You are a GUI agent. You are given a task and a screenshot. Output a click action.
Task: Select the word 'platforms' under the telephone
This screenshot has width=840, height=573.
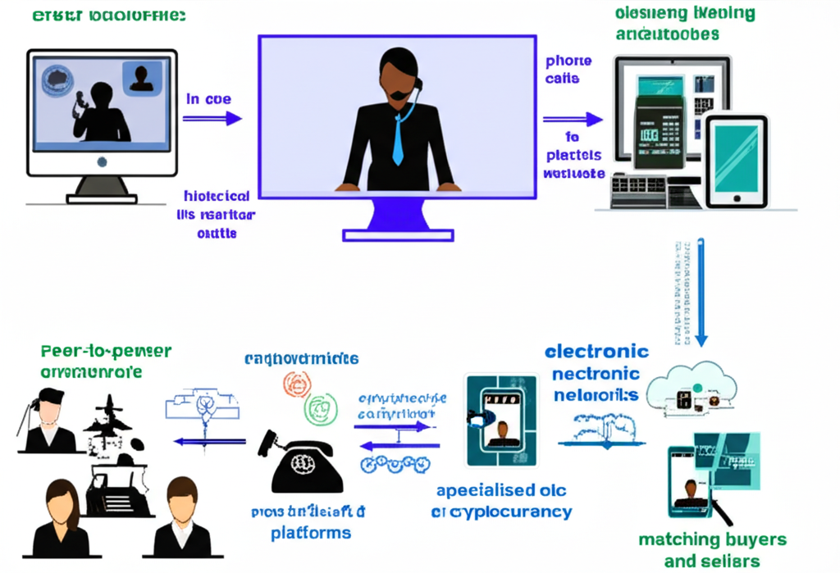[x=311, y=533]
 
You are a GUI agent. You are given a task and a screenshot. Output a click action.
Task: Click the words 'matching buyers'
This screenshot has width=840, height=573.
[x=712, y=540]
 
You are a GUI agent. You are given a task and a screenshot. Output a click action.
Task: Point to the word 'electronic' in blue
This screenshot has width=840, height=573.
[x=596, y=352]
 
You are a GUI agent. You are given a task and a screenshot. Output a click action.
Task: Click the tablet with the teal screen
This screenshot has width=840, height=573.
[x=736, y=159]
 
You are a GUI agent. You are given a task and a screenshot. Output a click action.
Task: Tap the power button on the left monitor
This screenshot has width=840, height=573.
[x=102, y=162]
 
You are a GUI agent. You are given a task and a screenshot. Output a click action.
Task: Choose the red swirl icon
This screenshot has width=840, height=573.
[x=298, y=384]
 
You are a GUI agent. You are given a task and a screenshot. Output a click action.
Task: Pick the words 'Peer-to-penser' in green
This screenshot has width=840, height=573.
[x=106, y=352]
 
